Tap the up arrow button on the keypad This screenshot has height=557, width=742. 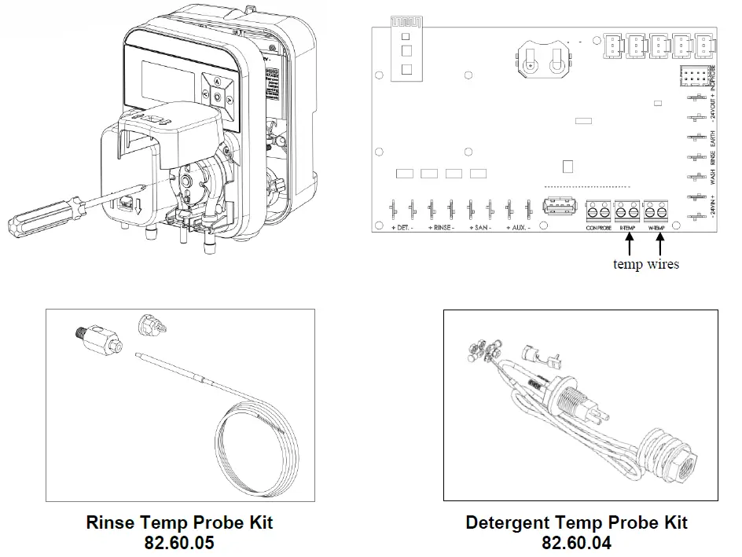[216, 81]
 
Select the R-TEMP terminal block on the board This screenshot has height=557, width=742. [626, 211]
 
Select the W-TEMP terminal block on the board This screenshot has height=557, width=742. [656, 211]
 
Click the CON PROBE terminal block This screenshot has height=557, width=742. [597, 211]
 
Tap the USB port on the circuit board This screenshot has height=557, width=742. [556, 210]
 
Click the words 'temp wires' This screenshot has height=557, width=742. [645, 264]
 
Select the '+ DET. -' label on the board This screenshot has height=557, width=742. [402, 228]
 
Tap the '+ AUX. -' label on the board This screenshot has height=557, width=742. [516, 228]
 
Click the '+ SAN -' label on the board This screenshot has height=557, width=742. [479, 228]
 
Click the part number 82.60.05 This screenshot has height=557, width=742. [180, 543]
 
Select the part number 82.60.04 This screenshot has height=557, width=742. [576, 543]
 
